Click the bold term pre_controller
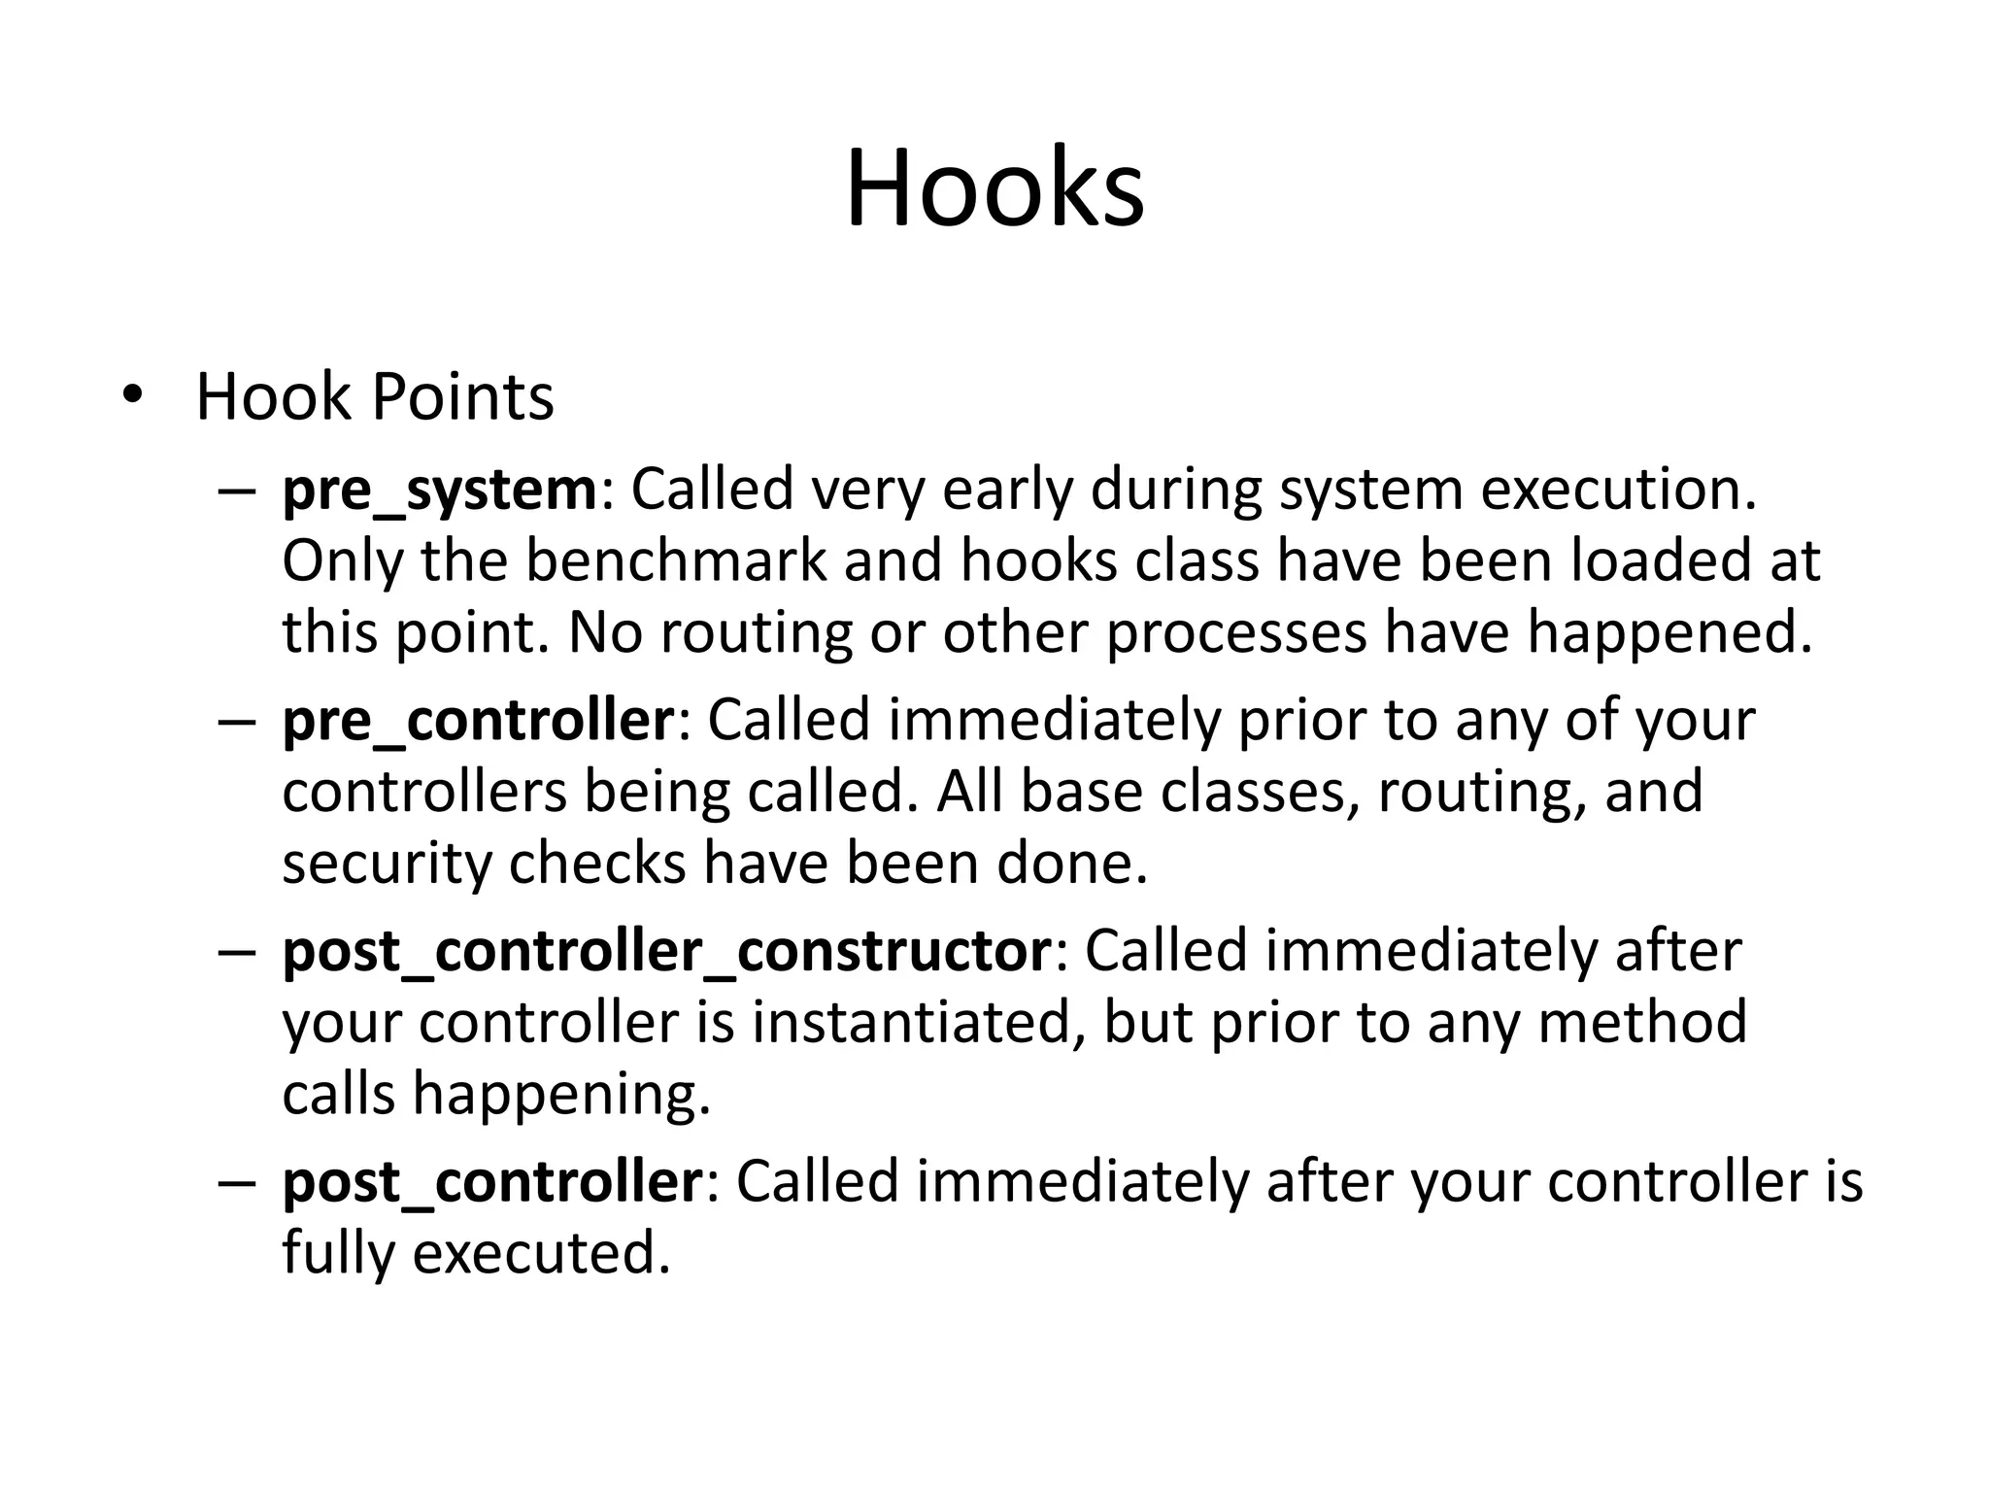tap(478, 721)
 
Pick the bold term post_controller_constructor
tap(666, 951)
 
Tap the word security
tap(387, 864)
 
